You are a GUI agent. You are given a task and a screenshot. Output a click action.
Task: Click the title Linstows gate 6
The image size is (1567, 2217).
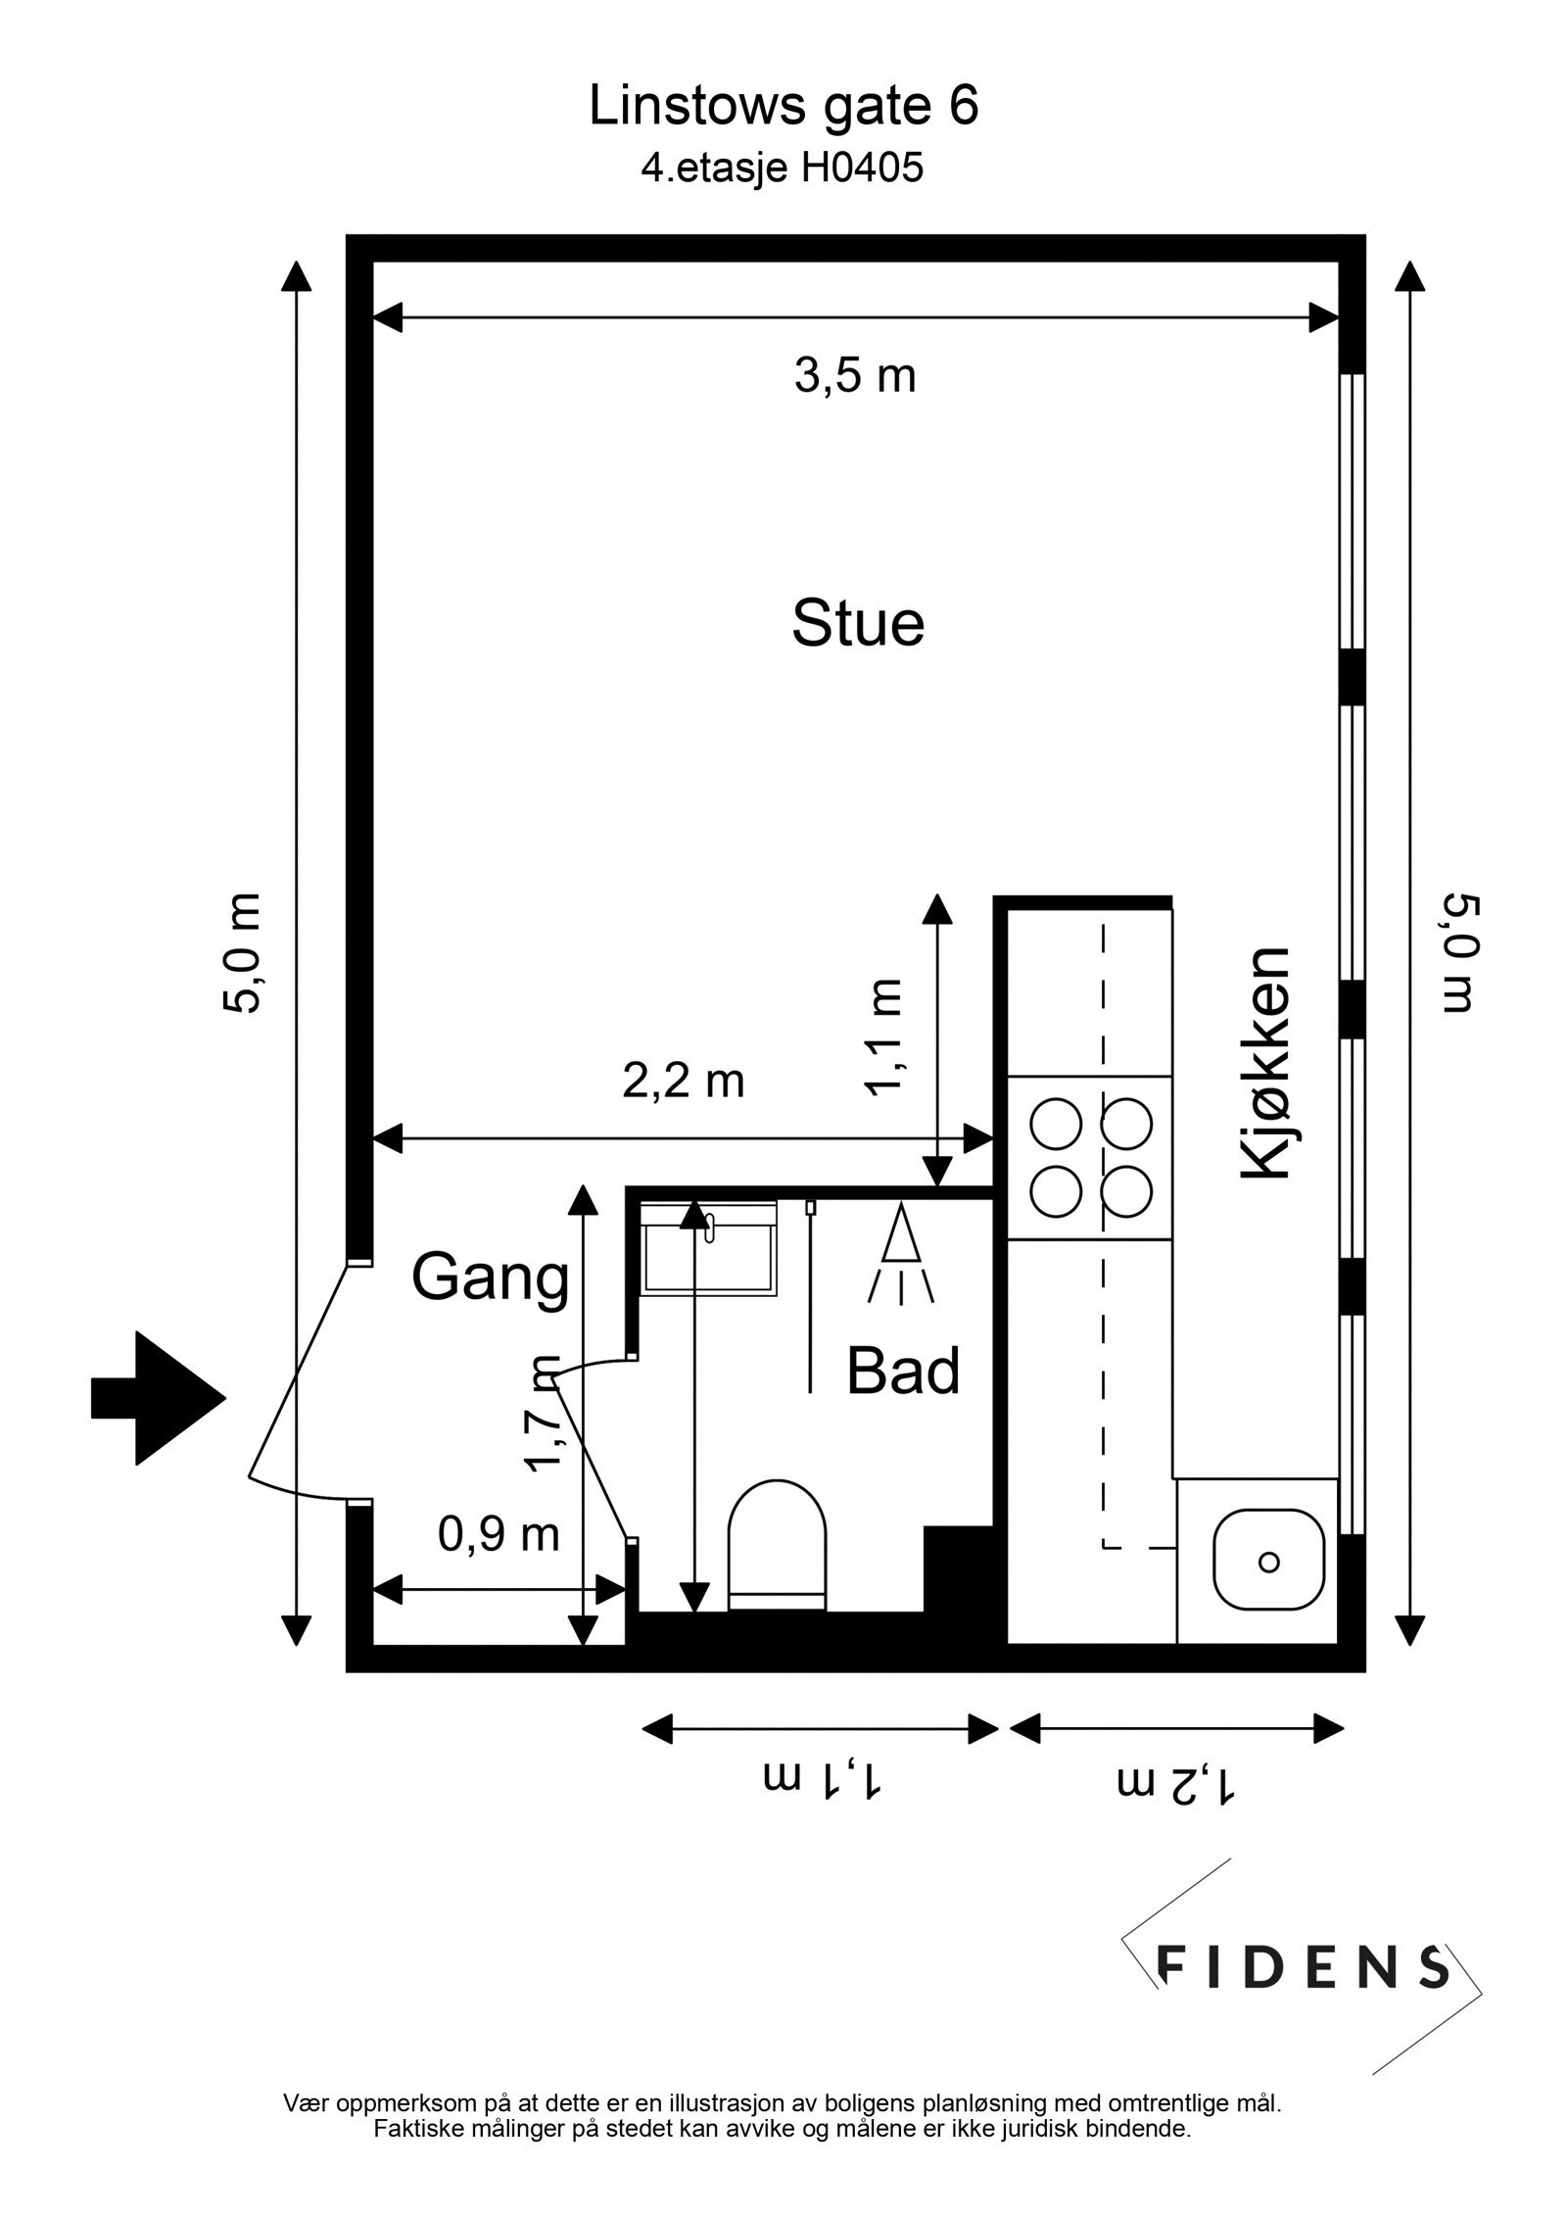point(783,106)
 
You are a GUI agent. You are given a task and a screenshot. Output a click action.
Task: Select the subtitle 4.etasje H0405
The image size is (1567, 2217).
point(782,169)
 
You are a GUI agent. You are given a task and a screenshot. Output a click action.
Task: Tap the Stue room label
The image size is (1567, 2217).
point(857,623)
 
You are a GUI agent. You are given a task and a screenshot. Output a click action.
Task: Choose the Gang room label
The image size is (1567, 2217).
point(490,1277)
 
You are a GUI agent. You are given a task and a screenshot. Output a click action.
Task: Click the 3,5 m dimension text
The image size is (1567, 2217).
point(854,375)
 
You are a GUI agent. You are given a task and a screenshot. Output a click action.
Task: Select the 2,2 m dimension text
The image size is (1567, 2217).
point(684,1082)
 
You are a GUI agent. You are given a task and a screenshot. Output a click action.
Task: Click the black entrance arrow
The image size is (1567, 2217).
point(157,1398)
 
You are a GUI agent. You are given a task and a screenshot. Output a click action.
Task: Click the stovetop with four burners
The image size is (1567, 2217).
point(1090,1158)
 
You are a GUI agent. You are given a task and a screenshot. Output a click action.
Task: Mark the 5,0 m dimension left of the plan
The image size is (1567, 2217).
point(243,953)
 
